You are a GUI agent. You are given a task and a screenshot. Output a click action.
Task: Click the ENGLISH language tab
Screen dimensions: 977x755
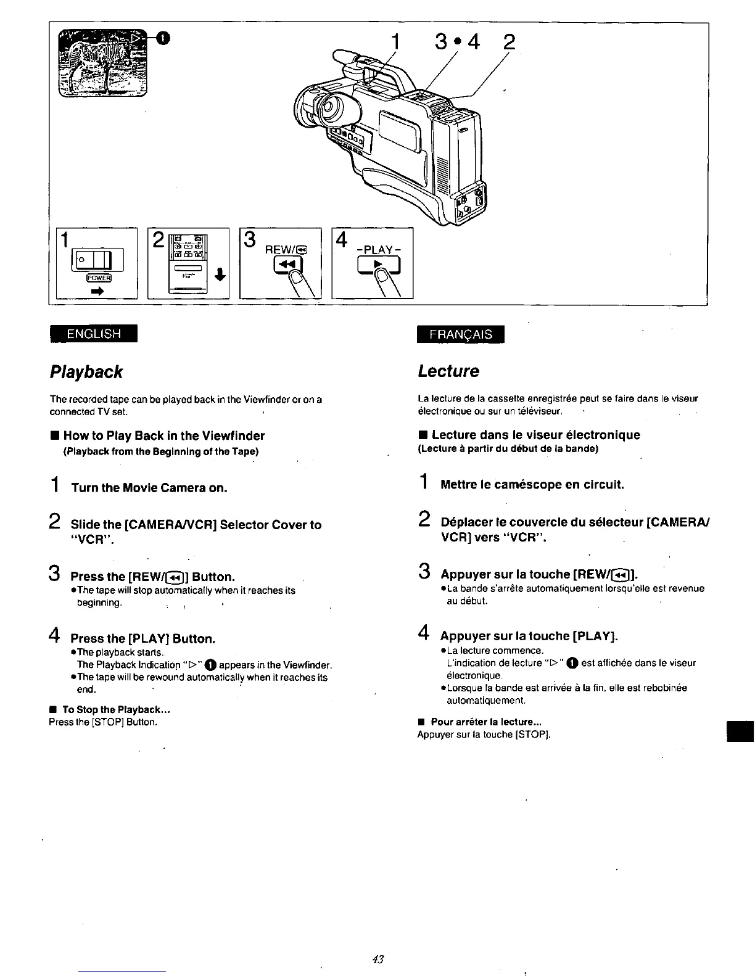click(94, 334)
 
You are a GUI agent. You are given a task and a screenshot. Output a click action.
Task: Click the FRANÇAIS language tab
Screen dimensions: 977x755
click(461, 334)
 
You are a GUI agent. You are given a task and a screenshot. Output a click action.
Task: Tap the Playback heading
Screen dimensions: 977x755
click(86, 372)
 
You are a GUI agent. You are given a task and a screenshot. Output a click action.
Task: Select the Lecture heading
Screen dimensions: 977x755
click(448, 371)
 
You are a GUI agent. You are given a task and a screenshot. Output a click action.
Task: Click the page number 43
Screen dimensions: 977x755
click(378, 959)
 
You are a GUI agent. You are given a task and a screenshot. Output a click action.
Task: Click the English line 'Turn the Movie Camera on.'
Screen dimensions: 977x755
click(149, 488)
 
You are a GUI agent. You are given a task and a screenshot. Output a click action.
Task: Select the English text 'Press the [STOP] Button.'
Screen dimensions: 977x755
click(104, 722)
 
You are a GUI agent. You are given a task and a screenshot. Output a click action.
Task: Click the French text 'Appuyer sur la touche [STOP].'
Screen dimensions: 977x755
click(484, 734)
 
